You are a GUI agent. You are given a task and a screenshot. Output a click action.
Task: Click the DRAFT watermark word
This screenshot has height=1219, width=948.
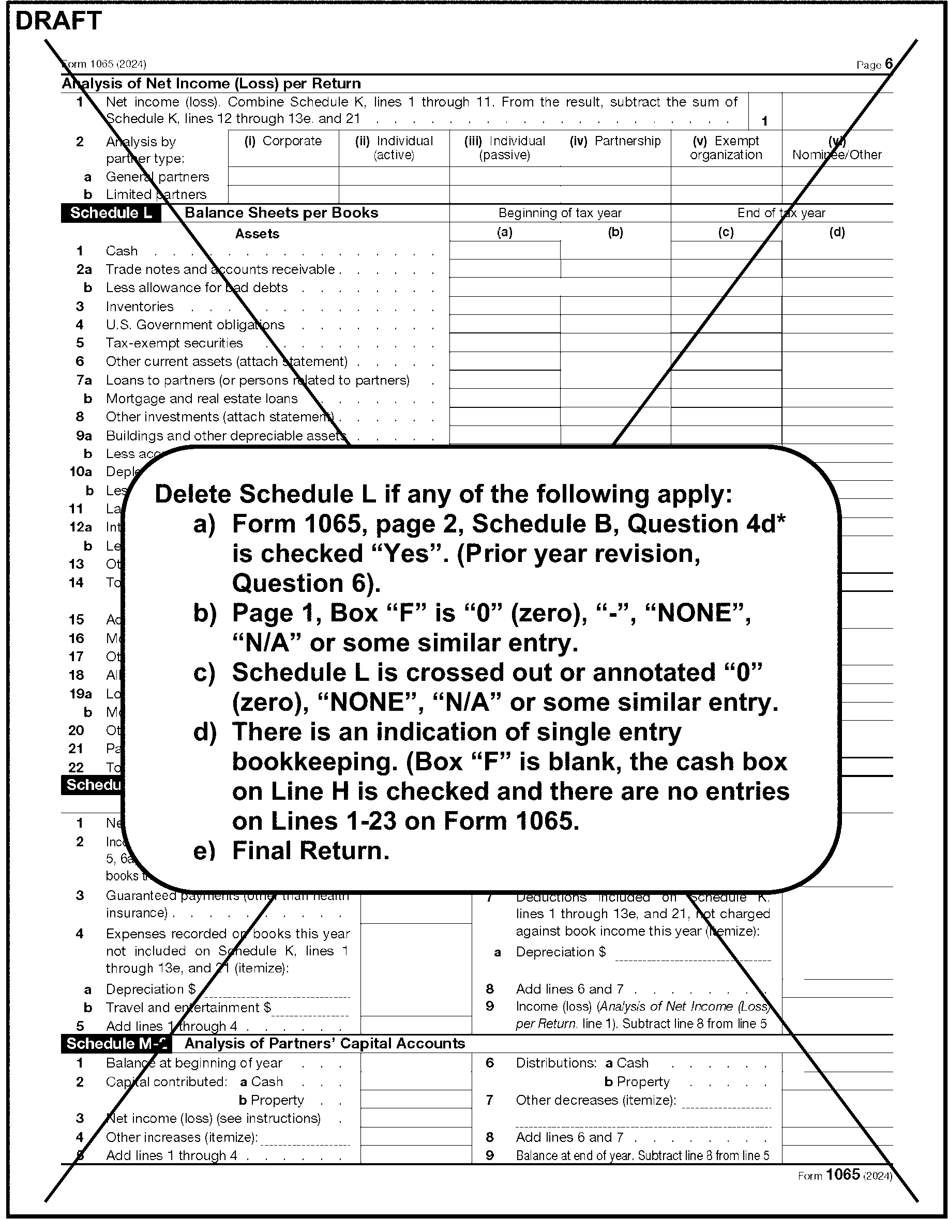point(58,21)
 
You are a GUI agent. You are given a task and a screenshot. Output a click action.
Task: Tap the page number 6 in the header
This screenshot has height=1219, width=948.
point(889,64)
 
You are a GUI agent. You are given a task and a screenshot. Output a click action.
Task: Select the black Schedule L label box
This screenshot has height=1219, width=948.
point(111,212)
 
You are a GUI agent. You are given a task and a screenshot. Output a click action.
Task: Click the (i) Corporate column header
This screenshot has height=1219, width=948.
point(283,141)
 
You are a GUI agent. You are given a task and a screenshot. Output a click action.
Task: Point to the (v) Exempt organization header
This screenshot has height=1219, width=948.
point(726,148)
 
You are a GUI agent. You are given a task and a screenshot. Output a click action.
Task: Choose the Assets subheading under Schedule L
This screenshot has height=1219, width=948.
point(257,233)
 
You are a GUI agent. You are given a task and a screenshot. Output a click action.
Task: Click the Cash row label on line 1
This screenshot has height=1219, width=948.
point(122,251)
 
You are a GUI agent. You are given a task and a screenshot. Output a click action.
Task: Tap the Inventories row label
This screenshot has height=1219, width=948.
point(140,307)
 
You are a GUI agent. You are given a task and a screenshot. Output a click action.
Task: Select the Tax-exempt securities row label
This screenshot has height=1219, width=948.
point(174,343)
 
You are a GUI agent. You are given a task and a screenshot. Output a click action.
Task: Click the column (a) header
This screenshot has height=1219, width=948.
point(505,232)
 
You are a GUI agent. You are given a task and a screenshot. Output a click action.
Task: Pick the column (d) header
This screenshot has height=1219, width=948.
point(837,232)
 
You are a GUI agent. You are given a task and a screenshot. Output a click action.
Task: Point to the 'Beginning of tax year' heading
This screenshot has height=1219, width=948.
point(560,212)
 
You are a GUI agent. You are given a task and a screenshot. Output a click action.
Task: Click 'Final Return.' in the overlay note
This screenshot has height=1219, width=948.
point(310,850)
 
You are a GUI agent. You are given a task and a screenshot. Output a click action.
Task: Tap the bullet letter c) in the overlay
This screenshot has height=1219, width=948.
point(204,673)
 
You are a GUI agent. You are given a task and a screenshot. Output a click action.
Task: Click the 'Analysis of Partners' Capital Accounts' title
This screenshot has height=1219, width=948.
point(324,1043)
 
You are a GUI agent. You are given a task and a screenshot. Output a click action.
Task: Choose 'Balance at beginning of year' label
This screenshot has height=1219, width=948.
point(194,1063)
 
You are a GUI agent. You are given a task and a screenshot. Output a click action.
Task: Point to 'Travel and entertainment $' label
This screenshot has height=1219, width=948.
point(188,1007)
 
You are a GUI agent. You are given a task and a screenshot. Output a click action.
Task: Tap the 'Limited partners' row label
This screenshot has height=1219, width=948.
point(156,194)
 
